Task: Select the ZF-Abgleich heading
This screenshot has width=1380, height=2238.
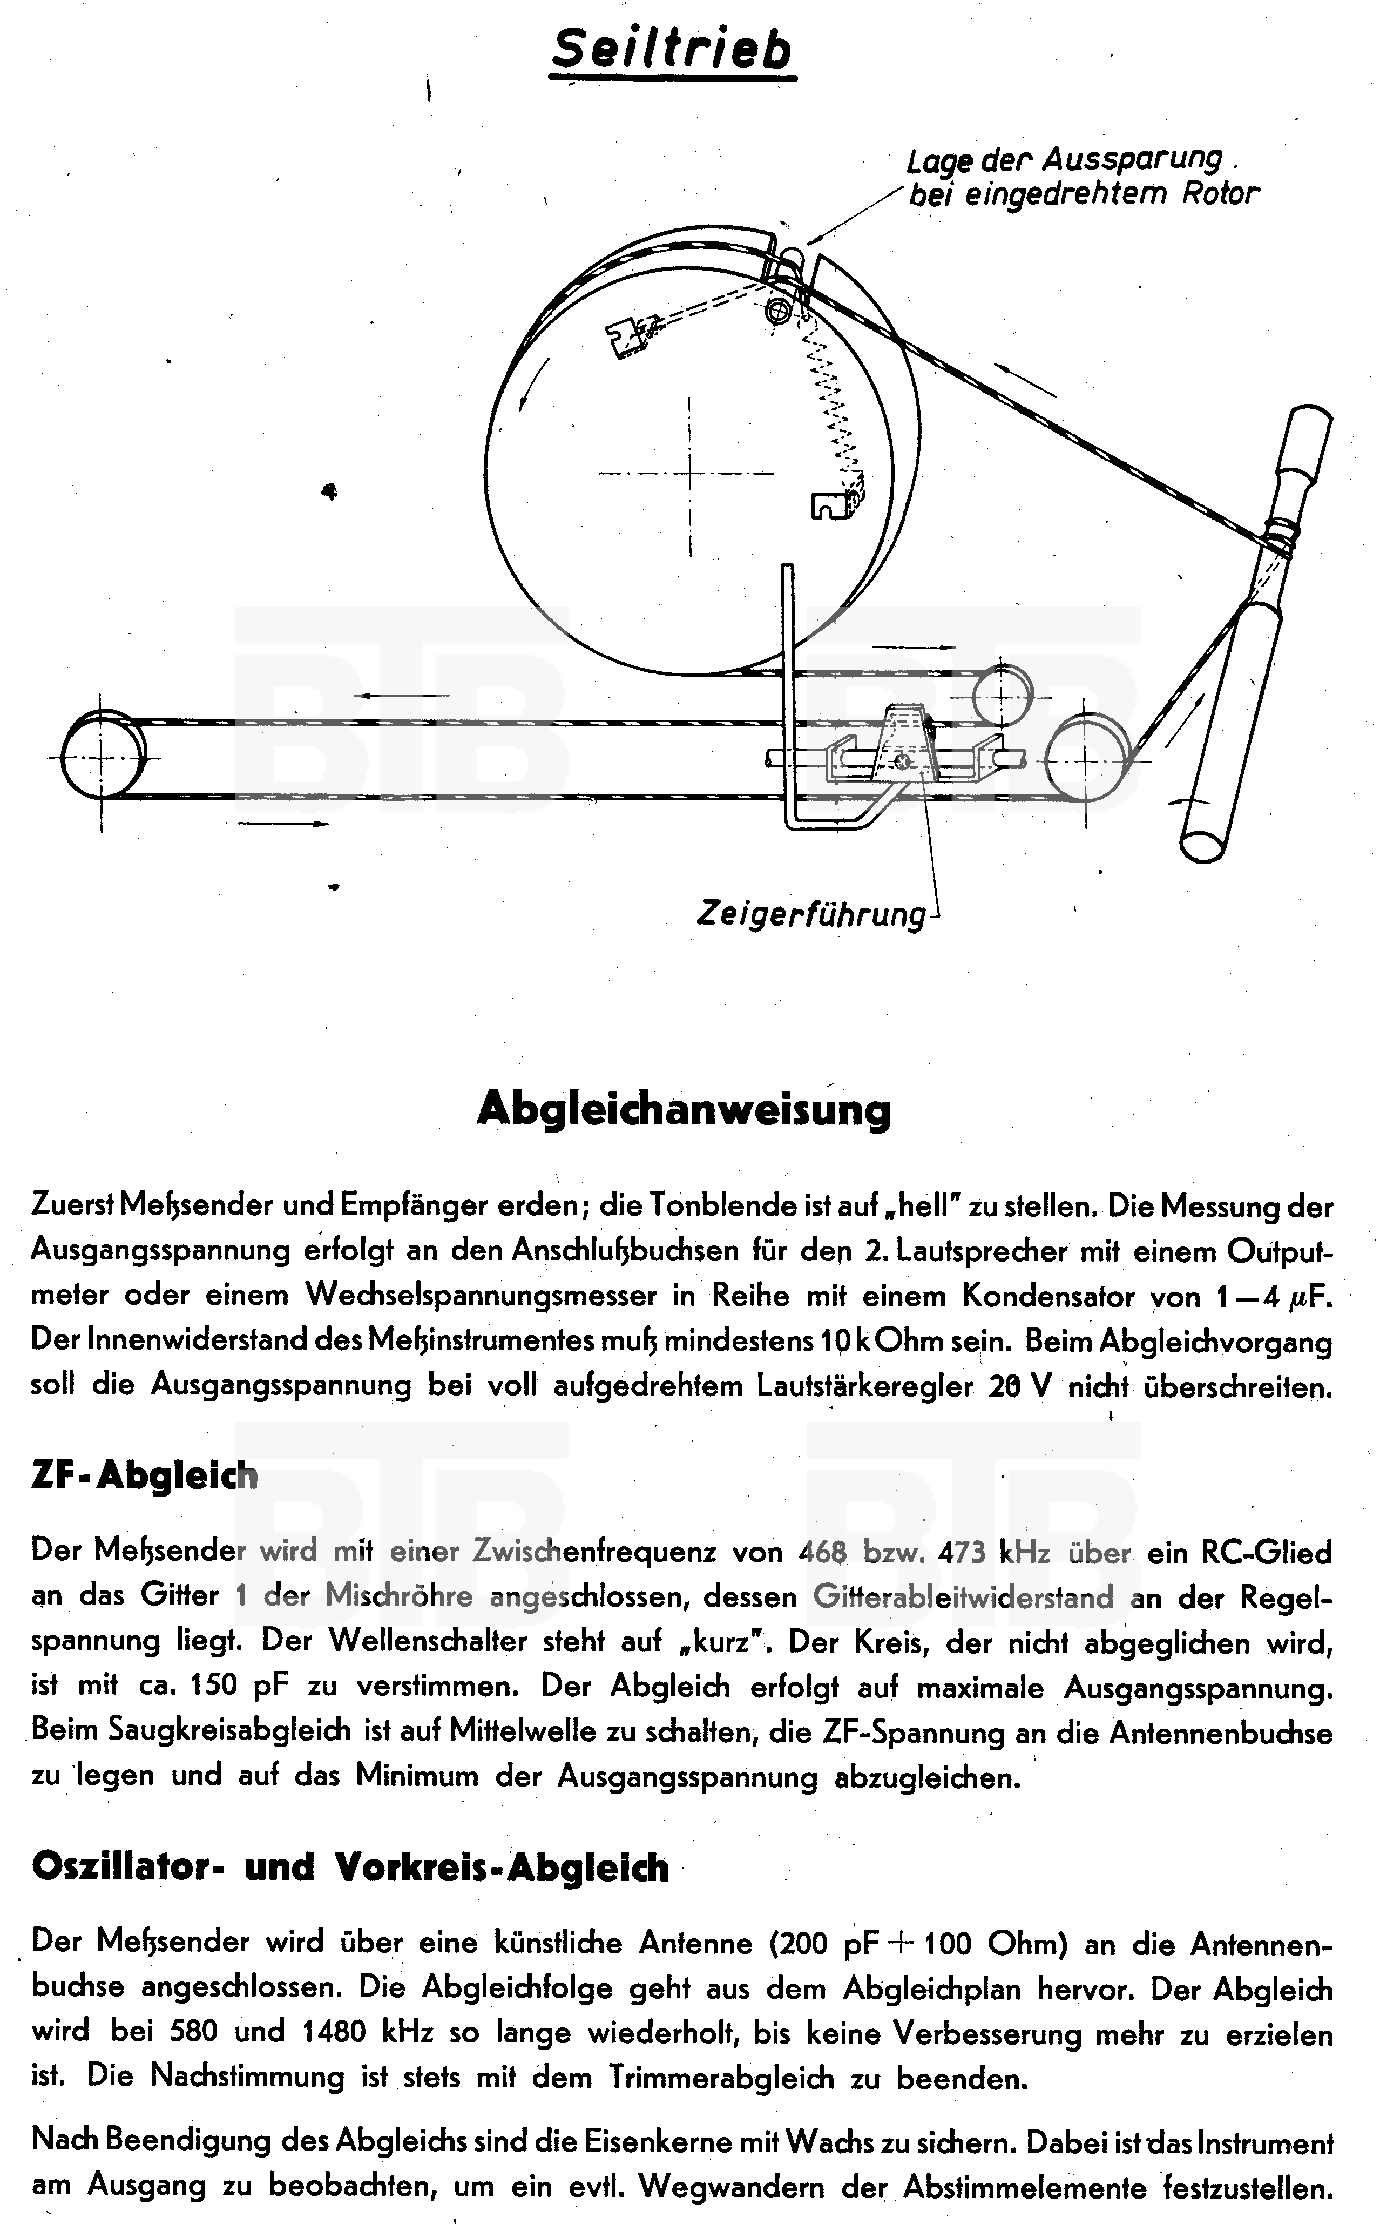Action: click(144, 1475)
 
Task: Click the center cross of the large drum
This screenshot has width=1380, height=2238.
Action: click(689, 474)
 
